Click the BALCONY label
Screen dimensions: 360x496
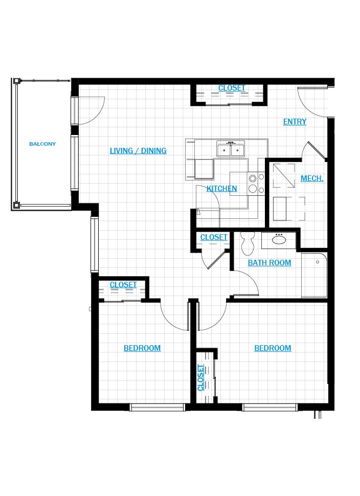pos(42,144)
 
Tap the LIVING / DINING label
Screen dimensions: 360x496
pos(138,151)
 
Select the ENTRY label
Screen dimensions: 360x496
pos(295,122)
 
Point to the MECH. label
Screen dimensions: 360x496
pos(312,179)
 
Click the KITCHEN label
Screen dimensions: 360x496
pos(221,189)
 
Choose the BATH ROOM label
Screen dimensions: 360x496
pos(269,263)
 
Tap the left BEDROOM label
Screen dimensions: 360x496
pos(142,348)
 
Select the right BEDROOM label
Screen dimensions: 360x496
pos(273,348)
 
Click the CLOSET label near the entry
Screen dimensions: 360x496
pos(232,88)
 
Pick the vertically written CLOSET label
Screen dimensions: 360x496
pos(200,378)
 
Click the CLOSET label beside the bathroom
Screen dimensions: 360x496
pos(214,237)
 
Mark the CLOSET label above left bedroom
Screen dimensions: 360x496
pos(123,285)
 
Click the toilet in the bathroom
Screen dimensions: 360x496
pos(247,243)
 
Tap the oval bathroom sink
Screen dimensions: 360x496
pos(279,240)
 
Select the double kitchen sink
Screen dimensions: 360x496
pos(231,149)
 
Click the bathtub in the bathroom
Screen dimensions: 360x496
pos(314,275)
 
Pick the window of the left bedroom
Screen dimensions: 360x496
pos(157,408)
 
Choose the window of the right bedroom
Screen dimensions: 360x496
pos(269,408)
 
